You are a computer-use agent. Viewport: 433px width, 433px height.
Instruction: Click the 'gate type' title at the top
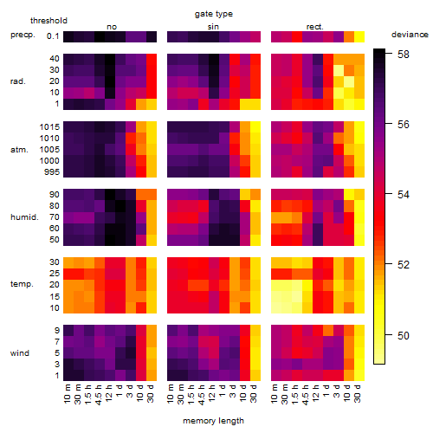point(214,14)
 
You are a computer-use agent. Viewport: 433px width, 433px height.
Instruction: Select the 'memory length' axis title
point(213,421)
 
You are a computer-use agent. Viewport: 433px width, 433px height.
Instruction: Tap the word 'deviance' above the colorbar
point(410,35)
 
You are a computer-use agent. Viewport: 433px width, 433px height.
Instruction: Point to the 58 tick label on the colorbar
point(404,54)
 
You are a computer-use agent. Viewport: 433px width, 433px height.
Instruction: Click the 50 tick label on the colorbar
point(404,335)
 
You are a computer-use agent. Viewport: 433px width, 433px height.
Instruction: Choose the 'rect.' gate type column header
point(315,27)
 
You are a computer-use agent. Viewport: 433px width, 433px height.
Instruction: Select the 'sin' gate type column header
point(213,27)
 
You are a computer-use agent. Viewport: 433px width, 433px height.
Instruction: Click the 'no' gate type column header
point(112,27)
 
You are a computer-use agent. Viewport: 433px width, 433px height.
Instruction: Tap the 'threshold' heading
point(48,21)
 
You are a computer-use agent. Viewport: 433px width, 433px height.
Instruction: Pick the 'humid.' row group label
point(24,217)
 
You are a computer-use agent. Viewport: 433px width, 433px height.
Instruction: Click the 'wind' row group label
point(20,353)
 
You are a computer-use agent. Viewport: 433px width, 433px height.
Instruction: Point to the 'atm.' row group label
point(19,150)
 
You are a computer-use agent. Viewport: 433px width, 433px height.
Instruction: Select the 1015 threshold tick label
point(49,127)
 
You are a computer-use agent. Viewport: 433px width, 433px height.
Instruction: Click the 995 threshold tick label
point(52,172)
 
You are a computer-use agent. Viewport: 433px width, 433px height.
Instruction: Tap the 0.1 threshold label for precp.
point(53,36)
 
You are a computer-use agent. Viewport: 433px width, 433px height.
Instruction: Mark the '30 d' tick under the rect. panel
point(358,393)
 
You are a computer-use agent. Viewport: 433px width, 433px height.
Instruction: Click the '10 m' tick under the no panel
point(67,394)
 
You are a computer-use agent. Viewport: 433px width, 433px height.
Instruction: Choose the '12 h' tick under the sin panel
point(212,393)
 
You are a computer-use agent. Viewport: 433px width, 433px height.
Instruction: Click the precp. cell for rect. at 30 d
point(359,36)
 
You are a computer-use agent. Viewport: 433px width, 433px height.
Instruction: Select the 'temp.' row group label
point(22,284)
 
